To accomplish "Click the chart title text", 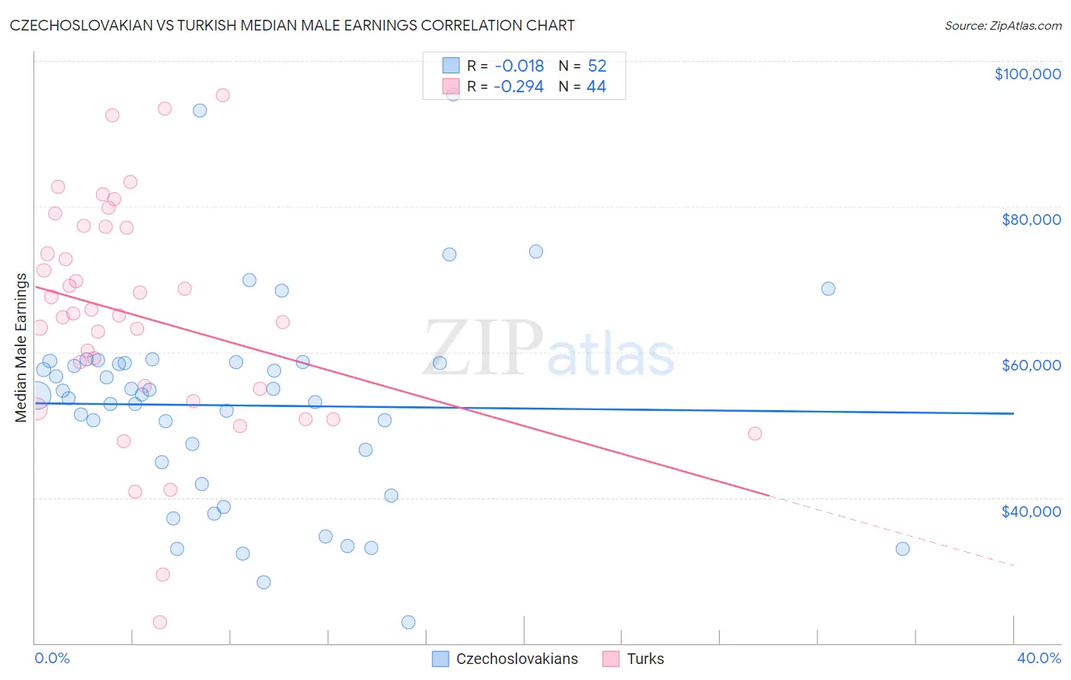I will pyautogui.click(x=293, y=25).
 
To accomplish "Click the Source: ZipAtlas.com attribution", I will pyautogui.click(x=1002, y=25).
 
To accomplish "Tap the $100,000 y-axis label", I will pyautogui.click(x=1027, y=74).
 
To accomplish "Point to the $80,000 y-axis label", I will pyautogui.click(x=1031, y=220).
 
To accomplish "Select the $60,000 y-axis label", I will pyautogui.click(x=1031, y=365).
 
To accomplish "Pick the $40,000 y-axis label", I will pyautogui.click(x=1031, y=511).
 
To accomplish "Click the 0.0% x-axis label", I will pyautogui.click(x=52, y=658).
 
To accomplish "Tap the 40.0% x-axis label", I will pyautogui.click(x=1038, y=658).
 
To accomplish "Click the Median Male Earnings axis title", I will pyautogui.click(x=21, y=347).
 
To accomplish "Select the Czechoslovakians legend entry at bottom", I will pyautogui.click(x=506, y=659).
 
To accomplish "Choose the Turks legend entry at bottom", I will pyautogui.click(x=634, y=659).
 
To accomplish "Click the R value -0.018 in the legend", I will pyautogui.click(x=519, y=66).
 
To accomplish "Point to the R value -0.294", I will pyautogui.click(x=519, y=87).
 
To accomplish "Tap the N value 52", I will pyautogui.click(x=597, y=66).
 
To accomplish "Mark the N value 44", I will pyautogui.click(x=596, y=87).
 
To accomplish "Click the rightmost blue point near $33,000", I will pyautogui.click(x=903, y=549).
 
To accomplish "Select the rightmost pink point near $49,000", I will pyautogui.click(x=755, y=434).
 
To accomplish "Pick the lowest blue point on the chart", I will pyautogui.click(x=408, y=622).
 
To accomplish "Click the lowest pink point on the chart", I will pyautogui.click(x=160, y=622).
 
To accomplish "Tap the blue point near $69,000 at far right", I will pyautogui.click(x=828, y=289).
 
